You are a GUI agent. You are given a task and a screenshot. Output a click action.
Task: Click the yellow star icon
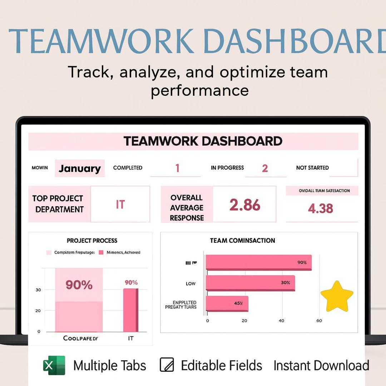[337, 296]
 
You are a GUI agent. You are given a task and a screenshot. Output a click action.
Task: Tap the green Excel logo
[54, 365]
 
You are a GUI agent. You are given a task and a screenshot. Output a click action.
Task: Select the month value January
[80, 168]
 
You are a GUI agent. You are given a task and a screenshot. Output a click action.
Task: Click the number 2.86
[245, 205]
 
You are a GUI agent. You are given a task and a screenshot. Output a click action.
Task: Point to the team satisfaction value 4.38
[321, 208]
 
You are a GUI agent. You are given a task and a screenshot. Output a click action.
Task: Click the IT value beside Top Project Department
[120, 204]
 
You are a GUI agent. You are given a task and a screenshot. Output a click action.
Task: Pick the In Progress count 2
[265, 168]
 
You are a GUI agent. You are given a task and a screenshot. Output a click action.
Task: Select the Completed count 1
[177, 168]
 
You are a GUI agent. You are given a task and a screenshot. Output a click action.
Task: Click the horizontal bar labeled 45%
[227, 303]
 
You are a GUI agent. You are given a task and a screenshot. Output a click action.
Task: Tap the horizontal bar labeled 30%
[251, 283]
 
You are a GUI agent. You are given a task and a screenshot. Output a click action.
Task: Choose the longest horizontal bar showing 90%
[259, 262]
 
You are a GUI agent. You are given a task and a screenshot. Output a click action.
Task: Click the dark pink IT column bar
[130, 310]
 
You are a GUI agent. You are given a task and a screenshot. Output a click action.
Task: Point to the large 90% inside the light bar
[79, 285]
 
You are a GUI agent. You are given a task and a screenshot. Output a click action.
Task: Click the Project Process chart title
[92, 241]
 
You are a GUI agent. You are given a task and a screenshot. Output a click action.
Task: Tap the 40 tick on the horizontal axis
[281, 321]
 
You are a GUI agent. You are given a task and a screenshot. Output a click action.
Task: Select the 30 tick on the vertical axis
[38, 290]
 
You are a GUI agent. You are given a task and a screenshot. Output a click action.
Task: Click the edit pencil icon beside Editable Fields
[167, 365]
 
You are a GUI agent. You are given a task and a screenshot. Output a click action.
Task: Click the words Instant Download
[321, 366]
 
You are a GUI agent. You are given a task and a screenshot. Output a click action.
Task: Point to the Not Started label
[312, 168]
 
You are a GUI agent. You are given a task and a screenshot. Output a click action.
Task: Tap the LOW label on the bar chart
[190, 283]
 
